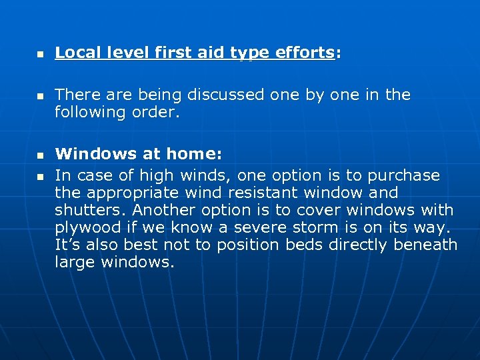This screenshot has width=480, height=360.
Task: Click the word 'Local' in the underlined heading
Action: pos(75,53)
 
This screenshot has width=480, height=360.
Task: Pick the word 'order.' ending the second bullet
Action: pos(159,112)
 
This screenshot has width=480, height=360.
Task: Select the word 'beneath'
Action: pos(425,245)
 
